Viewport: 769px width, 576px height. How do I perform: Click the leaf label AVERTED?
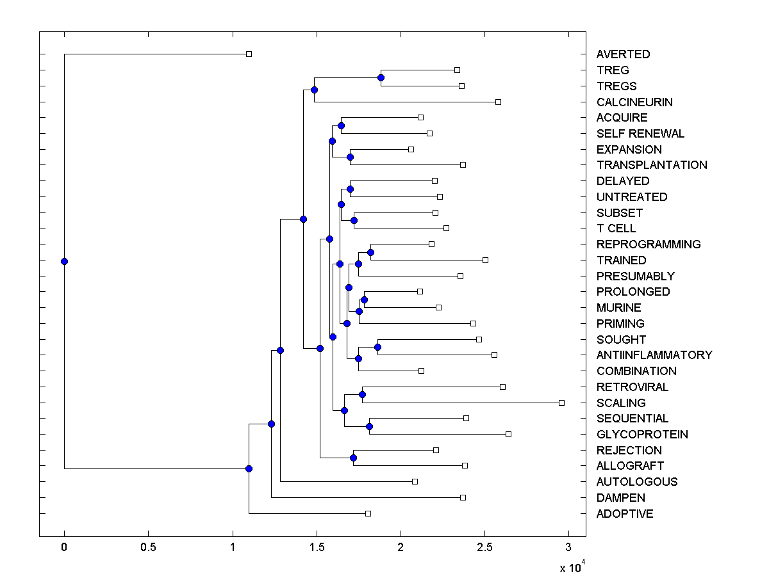[623, 54]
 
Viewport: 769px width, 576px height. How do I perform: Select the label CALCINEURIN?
[634, 102]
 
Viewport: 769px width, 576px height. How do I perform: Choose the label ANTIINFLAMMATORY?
[654, 355]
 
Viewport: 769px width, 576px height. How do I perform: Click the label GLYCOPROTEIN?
[641, 435]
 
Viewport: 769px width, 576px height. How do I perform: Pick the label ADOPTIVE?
[625, 514]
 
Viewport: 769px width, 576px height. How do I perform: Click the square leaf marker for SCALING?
[561, 403]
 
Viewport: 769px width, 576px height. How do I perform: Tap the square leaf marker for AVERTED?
[249, 54]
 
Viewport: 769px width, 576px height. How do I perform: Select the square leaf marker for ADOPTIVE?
[368, 513]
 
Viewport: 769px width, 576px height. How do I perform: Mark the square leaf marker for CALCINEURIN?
[498, 102]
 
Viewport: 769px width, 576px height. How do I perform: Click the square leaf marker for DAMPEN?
[463, 497]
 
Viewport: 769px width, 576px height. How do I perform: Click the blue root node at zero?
[64, 261]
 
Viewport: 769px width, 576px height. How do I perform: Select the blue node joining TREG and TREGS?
[381, 77]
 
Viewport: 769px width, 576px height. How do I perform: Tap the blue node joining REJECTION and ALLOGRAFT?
[353, 458]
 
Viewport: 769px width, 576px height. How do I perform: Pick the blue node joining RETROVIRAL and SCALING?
[362, 394]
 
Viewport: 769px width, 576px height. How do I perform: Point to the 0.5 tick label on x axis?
[148, 547]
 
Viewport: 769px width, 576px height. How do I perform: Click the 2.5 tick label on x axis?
[484, 547]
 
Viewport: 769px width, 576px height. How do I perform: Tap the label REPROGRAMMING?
[648, 244]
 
